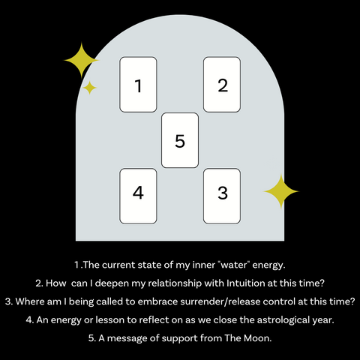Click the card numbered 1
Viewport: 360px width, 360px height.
coord(138,84)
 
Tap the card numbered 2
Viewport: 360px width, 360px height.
coord(222,84)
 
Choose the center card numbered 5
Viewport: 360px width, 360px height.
coord(180,140)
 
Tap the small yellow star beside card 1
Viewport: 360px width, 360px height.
coord(90,88)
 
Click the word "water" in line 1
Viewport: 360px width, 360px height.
coord(229,265)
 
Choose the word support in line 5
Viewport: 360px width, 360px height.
coord(175,337)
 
